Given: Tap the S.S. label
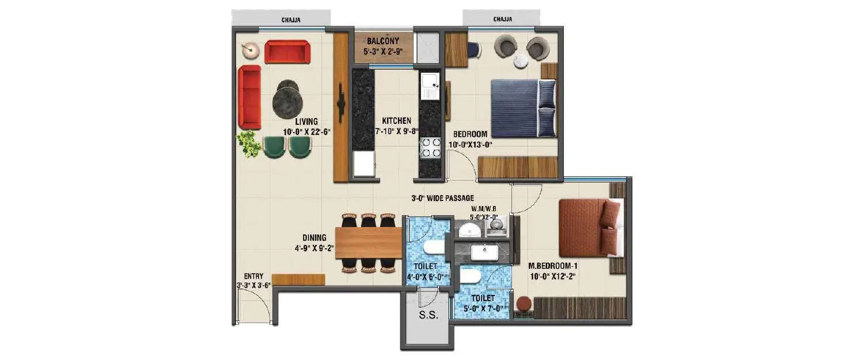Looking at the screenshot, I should (429, 315).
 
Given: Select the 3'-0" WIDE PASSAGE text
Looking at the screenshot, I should (442, 198).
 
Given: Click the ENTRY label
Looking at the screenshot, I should (253, 276).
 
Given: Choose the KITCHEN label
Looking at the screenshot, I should (397, 121).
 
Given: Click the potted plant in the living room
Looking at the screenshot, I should (249, 143).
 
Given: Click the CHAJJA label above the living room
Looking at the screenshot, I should (291, 20).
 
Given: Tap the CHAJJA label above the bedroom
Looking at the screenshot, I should (502, 20).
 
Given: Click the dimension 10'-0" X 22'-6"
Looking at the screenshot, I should (307, 131).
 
